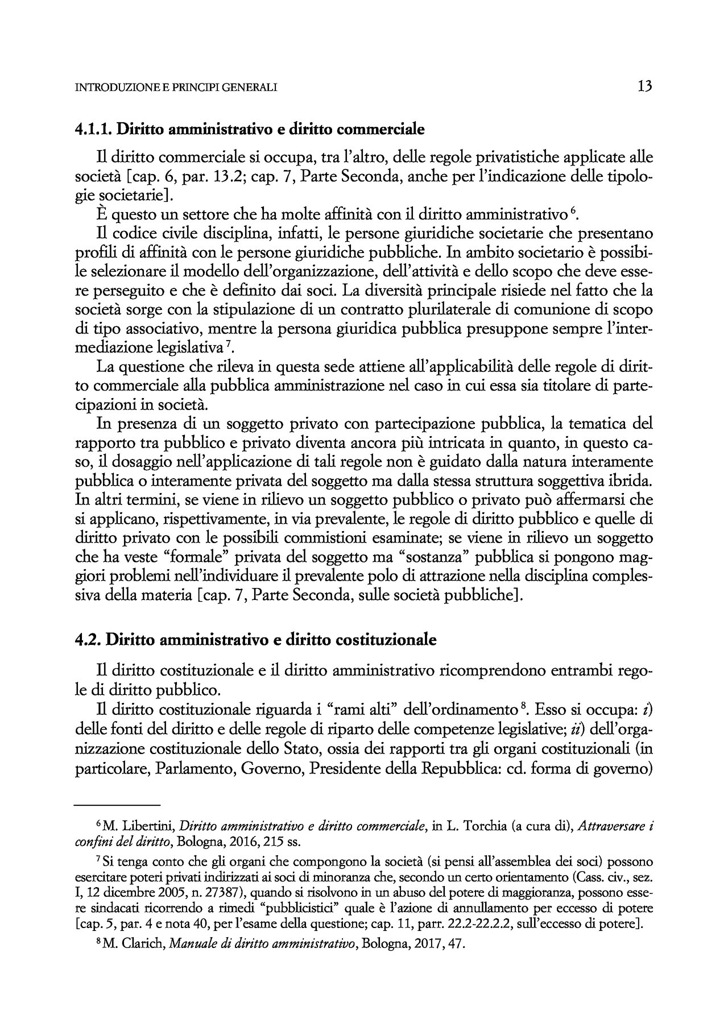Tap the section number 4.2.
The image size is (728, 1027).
[x=88, y=640]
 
